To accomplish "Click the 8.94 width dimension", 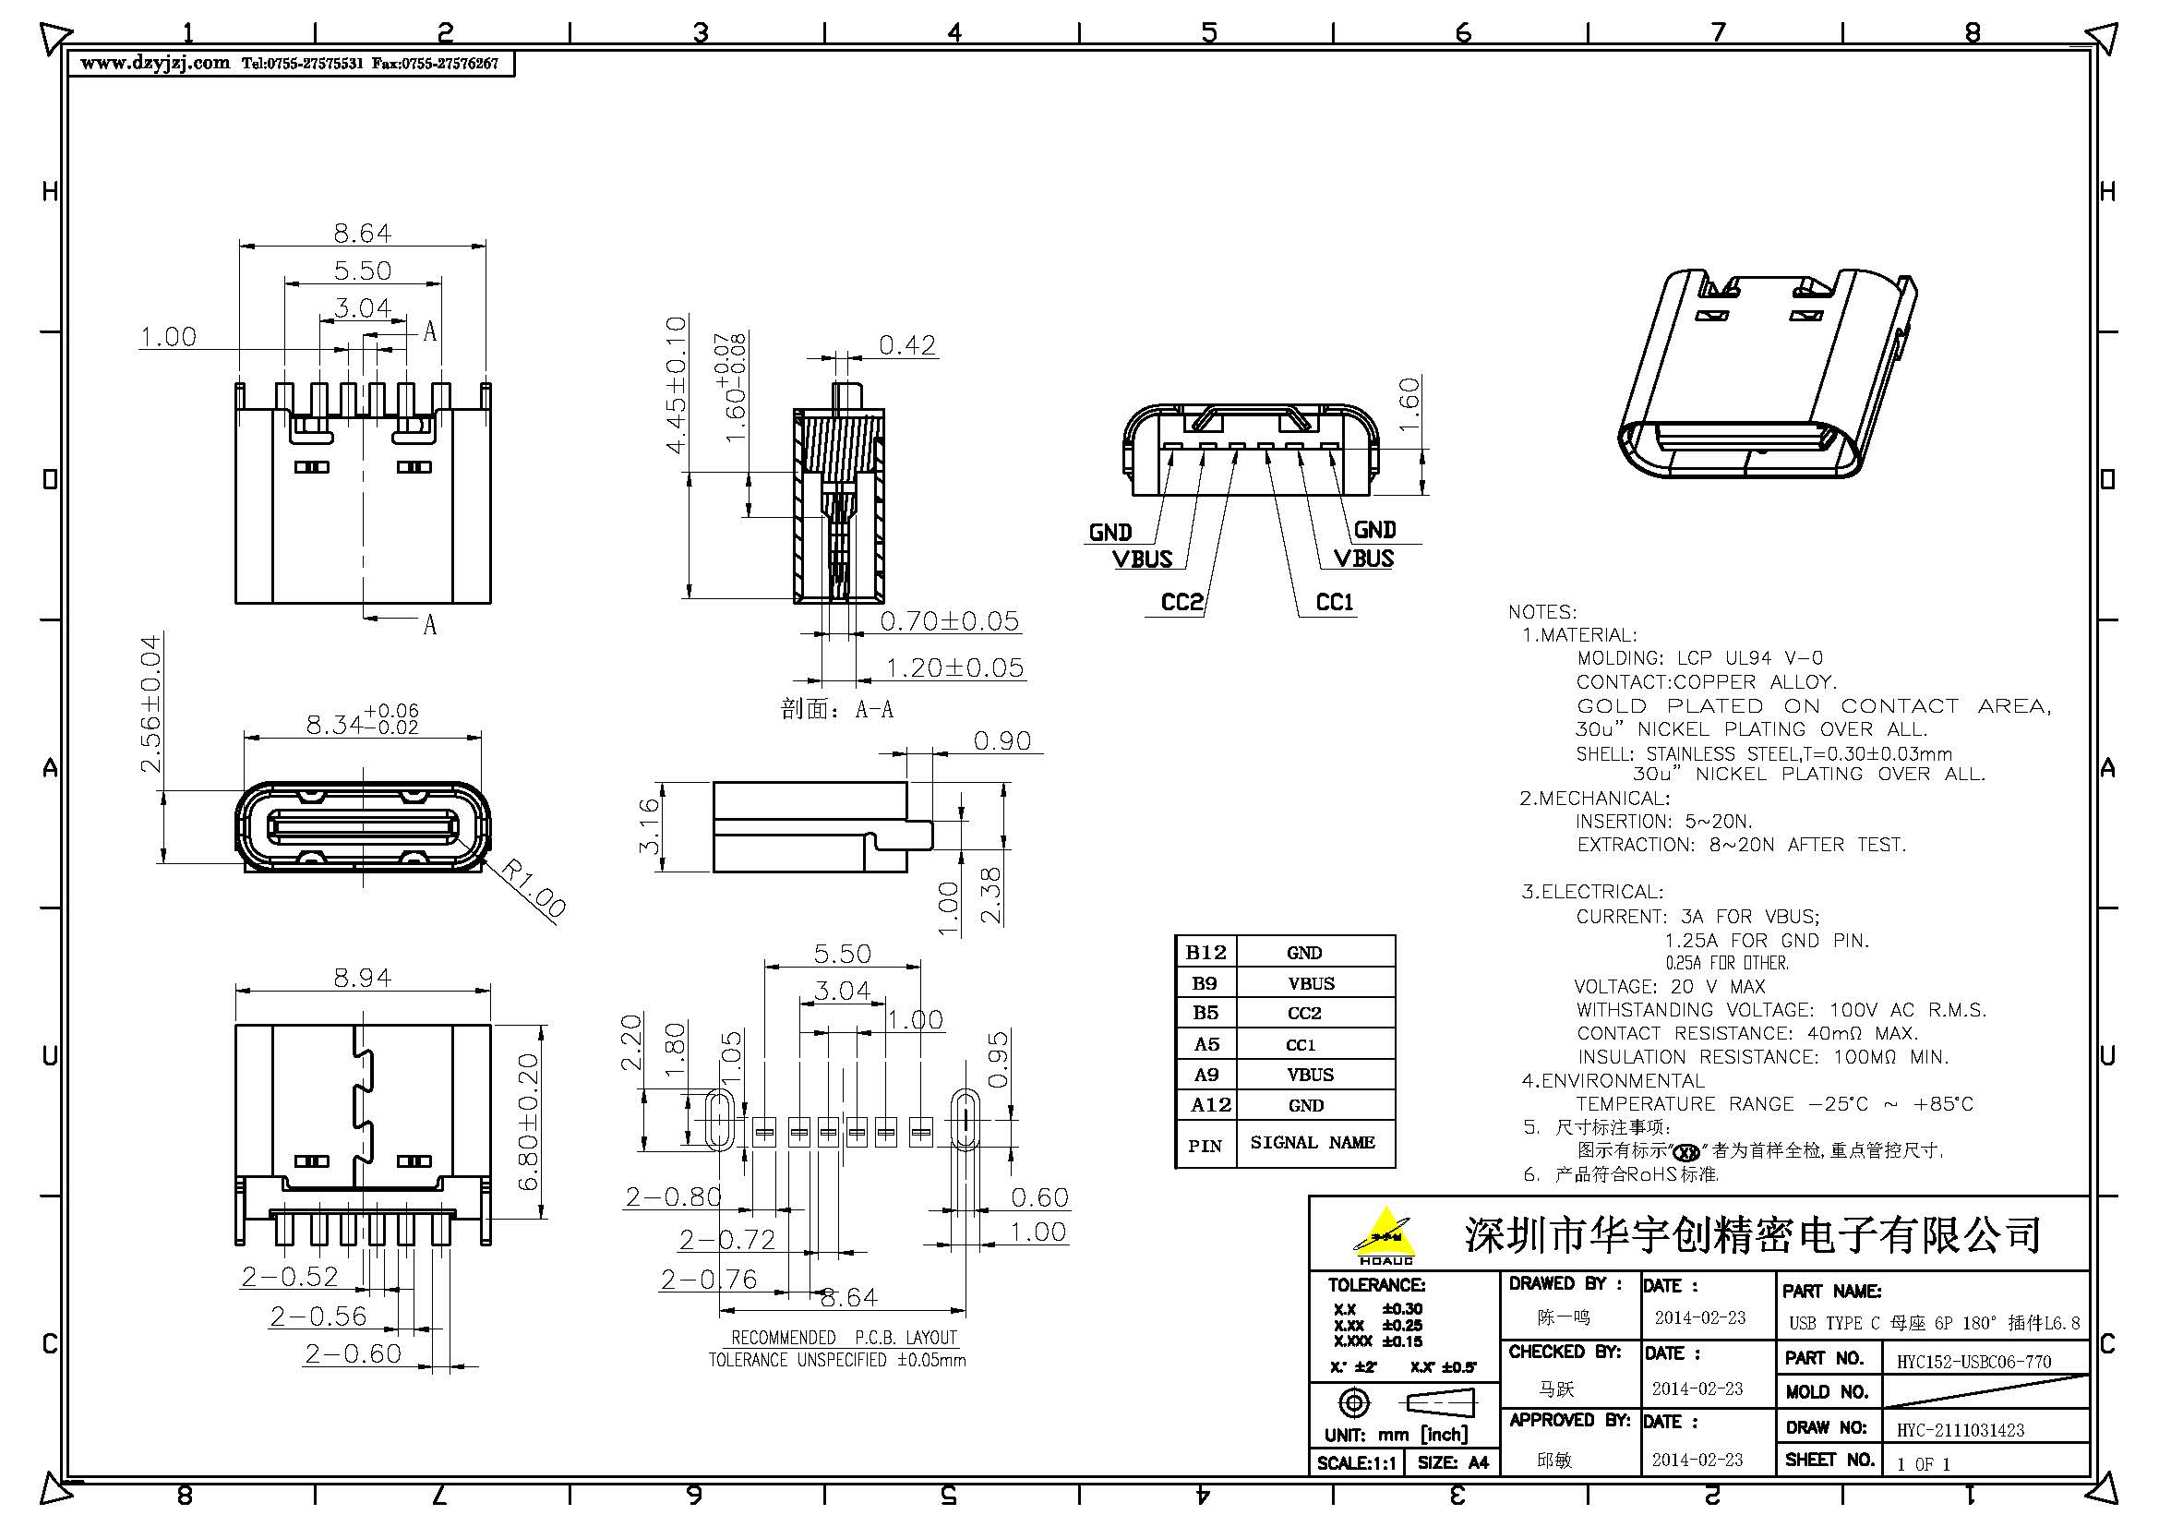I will [362, 978].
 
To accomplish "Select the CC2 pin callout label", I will [1182, 602].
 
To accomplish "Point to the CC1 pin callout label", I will [1335, 602].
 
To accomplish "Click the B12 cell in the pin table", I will [1205, 953].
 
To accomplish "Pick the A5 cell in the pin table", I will [1205, 1044].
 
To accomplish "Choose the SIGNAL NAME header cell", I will [1312, 1142].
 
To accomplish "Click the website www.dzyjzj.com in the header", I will [155, 64].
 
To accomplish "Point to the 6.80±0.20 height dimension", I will [530, 1122].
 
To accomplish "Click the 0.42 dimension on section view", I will [907, 345].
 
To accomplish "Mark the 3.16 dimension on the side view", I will [649, 825].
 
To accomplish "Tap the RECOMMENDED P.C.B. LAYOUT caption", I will [844, 1337].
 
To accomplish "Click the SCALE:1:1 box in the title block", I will [1356, 1463].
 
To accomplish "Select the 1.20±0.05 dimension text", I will [954, 667].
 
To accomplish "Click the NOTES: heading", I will [1542, 611].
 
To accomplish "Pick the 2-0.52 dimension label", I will [290, 1276].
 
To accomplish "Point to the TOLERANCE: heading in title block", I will [1375, 1284].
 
